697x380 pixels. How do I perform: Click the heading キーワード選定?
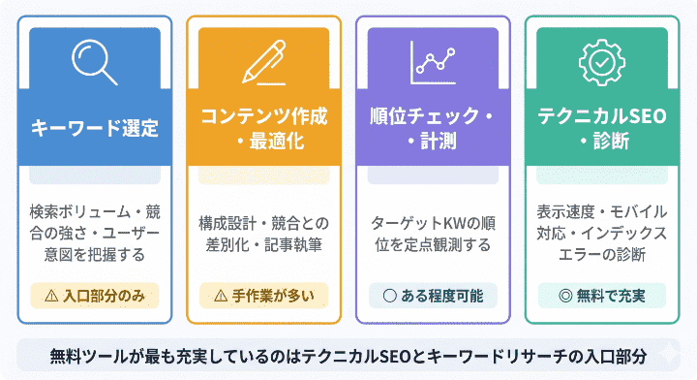pyautogui.click(x=94, y=129)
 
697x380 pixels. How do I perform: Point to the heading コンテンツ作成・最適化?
pyautogui.click(x=263, y=129)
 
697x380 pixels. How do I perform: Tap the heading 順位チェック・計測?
pyautogui.click(x=433, y=129)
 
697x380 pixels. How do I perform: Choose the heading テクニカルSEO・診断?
pyautogui.click(x=602, y=129)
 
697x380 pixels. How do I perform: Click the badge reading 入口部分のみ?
pyautogui.click(x=94, y=294)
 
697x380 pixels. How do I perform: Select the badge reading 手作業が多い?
pyautogui.click(x=263, y=294)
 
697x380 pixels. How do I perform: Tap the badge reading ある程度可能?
pyautogui.click(x=433, y=294)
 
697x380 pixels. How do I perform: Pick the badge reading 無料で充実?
pyautogui.click(x=602, y=294)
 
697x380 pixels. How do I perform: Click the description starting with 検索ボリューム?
pyautogui.click(x=94, y=234)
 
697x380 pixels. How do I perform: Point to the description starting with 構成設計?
pyautogui.click(x=263, y=234)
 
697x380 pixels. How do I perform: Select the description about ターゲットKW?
pyautogui.click(x=433, y=234)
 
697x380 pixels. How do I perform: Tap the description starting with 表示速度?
pyautogui.click(x=602, y=234)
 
